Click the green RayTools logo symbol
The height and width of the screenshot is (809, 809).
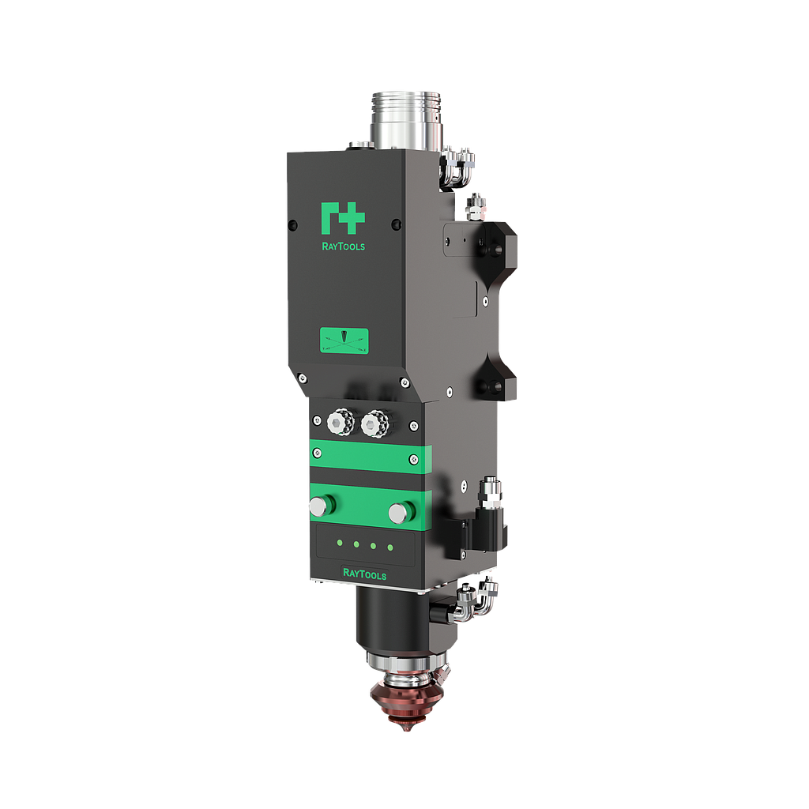[343, 218]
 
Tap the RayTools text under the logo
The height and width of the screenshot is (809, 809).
[343, 246]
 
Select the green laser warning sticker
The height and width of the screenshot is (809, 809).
[344, 341]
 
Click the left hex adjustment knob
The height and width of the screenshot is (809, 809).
[340, 424]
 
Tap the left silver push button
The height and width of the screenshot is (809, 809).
[320, 506]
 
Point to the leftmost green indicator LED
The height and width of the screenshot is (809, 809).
[339, 543]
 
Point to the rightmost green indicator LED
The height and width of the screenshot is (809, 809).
[389, 547]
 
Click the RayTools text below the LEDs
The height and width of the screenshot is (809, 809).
[364, 574]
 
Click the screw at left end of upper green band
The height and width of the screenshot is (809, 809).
[318, 453]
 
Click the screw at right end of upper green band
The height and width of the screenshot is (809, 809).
[413, 459]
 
